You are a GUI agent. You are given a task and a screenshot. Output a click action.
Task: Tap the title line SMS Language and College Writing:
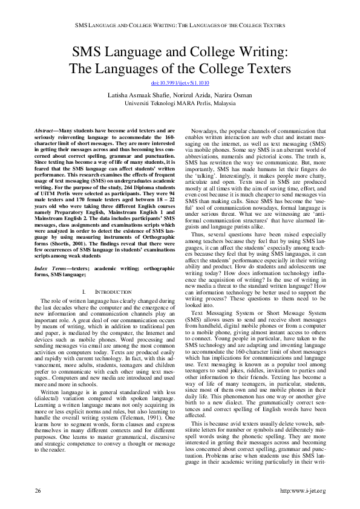click(180, 53)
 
